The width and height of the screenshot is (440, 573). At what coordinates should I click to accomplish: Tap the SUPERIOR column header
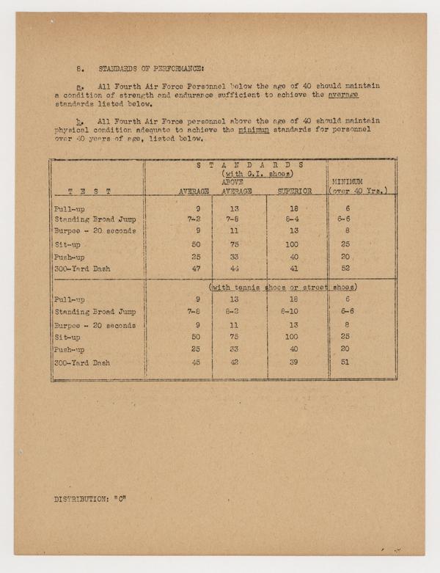click(294, 191)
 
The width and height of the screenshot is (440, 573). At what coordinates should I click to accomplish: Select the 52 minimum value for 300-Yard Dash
click(345, 269)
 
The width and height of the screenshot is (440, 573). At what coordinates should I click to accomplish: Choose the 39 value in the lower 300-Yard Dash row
click(293, 362)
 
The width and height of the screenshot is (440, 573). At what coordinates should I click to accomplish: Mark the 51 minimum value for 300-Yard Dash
click(345, 362)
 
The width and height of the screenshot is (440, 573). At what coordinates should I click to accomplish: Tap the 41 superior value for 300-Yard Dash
click(293, 269)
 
